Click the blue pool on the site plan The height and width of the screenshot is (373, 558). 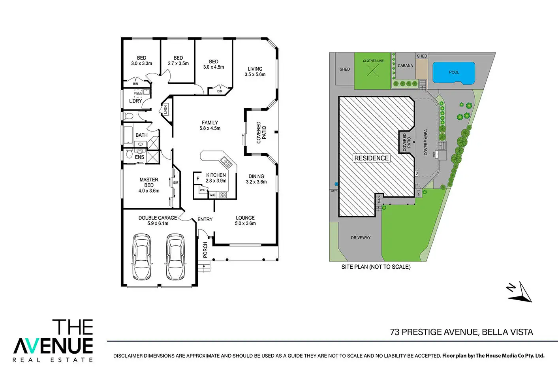click(454, 73)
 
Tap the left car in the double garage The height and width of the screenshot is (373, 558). click(141, 257)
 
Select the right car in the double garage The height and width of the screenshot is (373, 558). click(175, 257)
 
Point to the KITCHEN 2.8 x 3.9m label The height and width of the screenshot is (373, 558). click(216, 178)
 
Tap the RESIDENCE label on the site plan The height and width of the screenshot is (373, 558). click(372, 158)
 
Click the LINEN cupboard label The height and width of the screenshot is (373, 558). click(165, 110)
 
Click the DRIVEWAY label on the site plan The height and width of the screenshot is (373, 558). click(361, 238)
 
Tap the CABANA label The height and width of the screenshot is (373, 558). click(405, 66)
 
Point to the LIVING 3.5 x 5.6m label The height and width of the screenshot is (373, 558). click(255, 72)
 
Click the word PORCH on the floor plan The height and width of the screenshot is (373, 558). click(205, 250)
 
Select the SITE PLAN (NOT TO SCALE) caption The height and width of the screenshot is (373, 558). click(376, 267)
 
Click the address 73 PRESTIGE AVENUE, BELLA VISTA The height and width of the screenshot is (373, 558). click(461, 332)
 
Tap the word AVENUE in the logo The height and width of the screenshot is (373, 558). click(53, 346)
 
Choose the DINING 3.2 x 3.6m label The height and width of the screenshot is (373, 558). click(256, 179)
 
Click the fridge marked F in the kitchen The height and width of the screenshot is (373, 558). click(198, 179)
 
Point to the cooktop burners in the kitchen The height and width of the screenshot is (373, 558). click(223, 194)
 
